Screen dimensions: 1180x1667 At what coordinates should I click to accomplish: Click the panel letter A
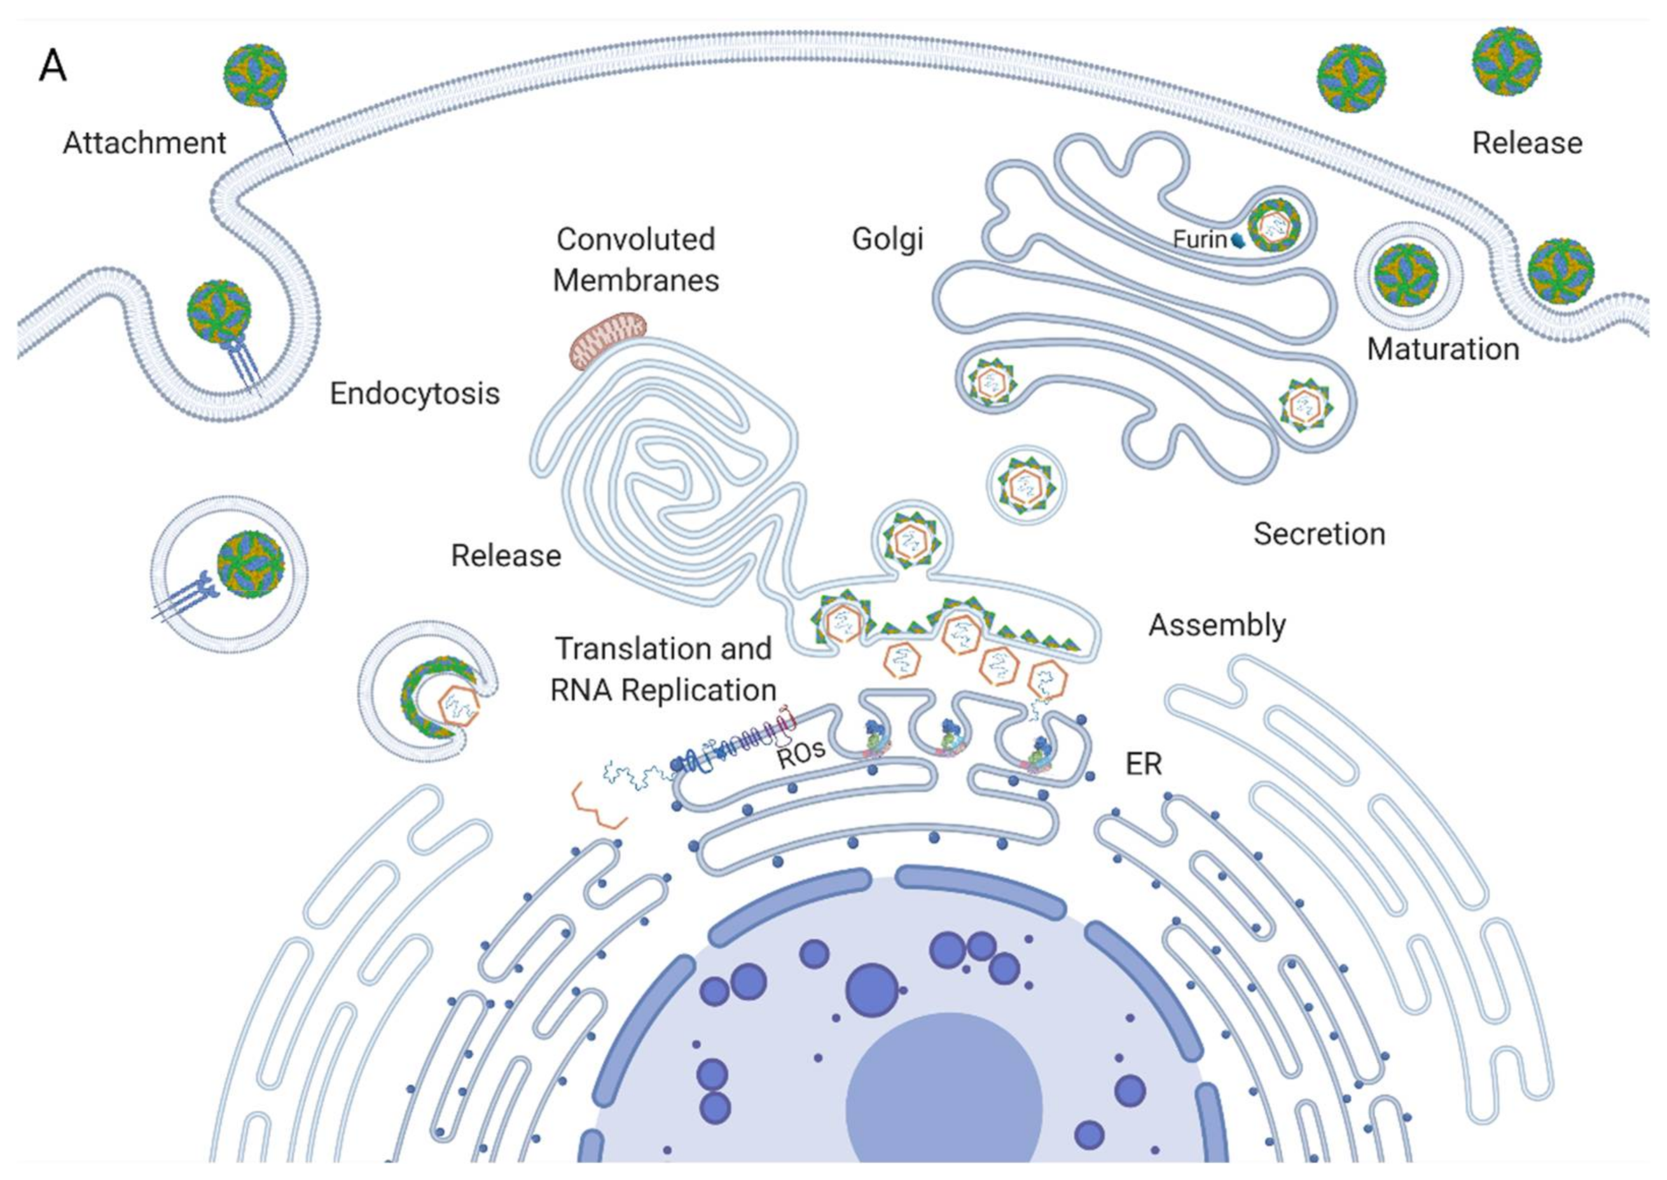point(52,67)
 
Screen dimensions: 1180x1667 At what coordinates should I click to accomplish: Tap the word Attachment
point(144,143)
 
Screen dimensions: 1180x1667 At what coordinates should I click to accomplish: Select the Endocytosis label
point(414,394)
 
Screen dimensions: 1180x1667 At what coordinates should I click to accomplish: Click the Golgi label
point(887,238)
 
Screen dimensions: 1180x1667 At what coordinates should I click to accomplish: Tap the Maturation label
point(1442,350)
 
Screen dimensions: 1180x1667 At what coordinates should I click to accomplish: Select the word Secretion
point(1319,534)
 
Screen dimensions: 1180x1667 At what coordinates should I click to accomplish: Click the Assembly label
point(1217,625)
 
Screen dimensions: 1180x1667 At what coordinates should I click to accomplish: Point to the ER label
point(1144,764)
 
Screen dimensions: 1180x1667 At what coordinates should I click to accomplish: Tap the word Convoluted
point(636,239)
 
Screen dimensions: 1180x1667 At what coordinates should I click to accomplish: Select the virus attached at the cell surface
point(255,75)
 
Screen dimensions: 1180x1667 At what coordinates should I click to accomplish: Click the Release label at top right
point(1526,143)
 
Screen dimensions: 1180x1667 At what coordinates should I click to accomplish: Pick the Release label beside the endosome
point(506,556)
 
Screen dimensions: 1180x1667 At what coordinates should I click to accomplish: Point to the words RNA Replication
point(663,690)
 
